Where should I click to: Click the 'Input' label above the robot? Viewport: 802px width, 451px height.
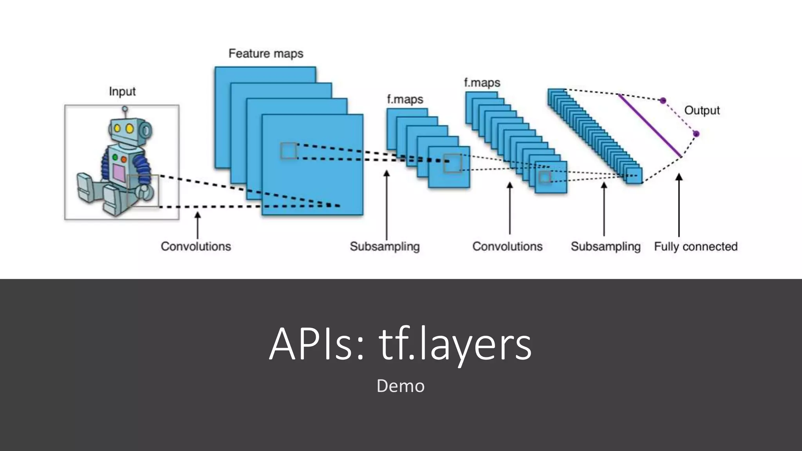(x=122, y=92)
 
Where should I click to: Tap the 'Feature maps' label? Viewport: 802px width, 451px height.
(x=266, y=53)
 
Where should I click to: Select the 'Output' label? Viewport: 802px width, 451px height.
(x=702, y=110)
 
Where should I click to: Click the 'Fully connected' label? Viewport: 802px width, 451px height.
(x=695, y=246)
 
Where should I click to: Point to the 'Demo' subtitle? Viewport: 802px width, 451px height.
(x=400, y=386)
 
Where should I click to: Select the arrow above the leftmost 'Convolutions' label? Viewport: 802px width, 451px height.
(x=197, y=225)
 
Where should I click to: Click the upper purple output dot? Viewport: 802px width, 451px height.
(x=663, y=101)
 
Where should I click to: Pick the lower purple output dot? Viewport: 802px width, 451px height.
(x=696, y=134)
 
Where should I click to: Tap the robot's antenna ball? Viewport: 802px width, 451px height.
(x=125, y=109)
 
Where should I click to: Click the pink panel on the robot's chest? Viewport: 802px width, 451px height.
(x=119, y=172)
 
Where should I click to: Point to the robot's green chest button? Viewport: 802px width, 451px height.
(x=115, y=157)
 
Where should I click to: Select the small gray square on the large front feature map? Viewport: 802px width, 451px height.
(x=289, y=151)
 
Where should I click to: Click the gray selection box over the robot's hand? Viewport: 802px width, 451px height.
(x=143, y=191)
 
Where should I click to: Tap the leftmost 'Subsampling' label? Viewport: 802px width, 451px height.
(x=385, y=246)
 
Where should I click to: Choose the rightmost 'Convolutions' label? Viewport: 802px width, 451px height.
(x=507, y=246)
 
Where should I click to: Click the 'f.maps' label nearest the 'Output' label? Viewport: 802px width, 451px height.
(x=482, y=83)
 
